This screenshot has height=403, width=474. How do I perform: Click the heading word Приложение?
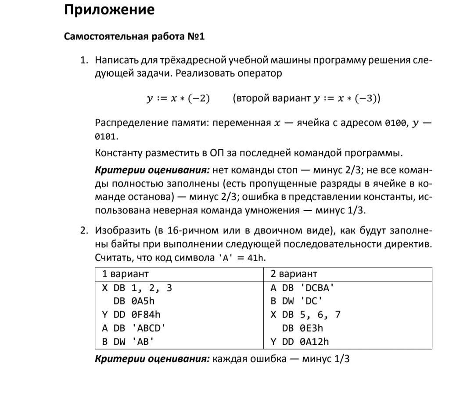tap(109, 10)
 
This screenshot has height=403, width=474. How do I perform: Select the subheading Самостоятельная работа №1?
tap(134, 36)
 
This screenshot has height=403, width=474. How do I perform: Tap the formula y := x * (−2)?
tap(178, 99)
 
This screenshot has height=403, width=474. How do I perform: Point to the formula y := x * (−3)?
tap(347, 99)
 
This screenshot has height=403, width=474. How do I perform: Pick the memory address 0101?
tap(106, 137)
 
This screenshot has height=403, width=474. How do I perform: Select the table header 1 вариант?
tap(126, 274)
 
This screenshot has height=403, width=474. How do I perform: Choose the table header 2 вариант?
tap(294, 274)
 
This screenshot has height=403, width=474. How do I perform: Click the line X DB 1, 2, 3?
tap(137, 288)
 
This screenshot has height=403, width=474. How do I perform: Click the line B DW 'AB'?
tap(128, 342)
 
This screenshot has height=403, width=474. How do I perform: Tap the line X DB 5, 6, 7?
tap(305, 315)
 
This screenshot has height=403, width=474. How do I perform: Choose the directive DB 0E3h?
tap(302, 328)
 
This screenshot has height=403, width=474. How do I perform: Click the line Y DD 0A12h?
tap(300, 342)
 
